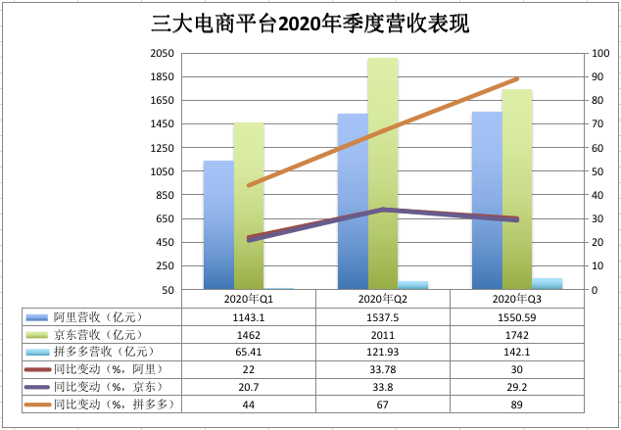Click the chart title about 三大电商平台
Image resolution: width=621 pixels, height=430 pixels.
310,24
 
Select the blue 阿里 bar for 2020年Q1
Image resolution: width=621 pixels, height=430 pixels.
218,225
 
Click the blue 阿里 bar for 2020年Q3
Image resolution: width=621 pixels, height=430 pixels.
487,201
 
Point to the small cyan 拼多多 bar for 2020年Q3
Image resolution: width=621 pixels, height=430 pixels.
548,284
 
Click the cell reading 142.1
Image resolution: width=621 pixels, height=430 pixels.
516,351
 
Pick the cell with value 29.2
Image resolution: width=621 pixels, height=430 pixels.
516,386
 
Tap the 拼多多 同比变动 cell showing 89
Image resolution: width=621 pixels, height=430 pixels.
516,404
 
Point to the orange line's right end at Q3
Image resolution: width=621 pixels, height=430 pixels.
516,79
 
